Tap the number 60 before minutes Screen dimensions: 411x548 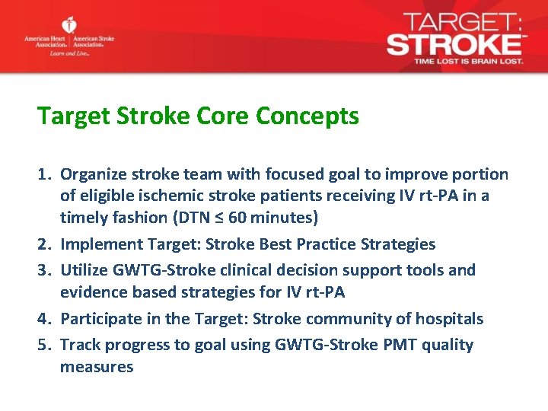[x=237, y=218]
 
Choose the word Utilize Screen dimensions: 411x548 [x=84, y=270]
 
